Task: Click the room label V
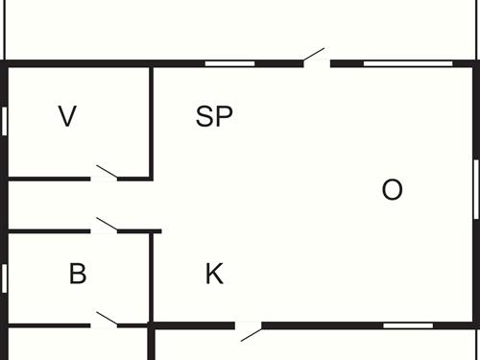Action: coord(67,117)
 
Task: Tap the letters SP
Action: coord(214,117)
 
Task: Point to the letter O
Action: coord(392,190)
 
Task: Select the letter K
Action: coord(214,275)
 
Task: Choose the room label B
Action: coord(78,275)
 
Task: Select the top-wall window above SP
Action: coord(230,63)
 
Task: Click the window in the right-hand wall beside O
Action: coord(476,190)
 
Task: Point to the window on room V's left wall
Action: coord(5,121)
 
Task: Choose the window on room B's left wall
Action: coord(5,277)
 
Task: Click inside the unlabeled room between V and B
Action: coord(77,204)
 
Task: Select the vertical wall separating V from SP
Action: coord(153,120)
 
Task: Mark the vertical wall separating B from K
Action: coord(153,278)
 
